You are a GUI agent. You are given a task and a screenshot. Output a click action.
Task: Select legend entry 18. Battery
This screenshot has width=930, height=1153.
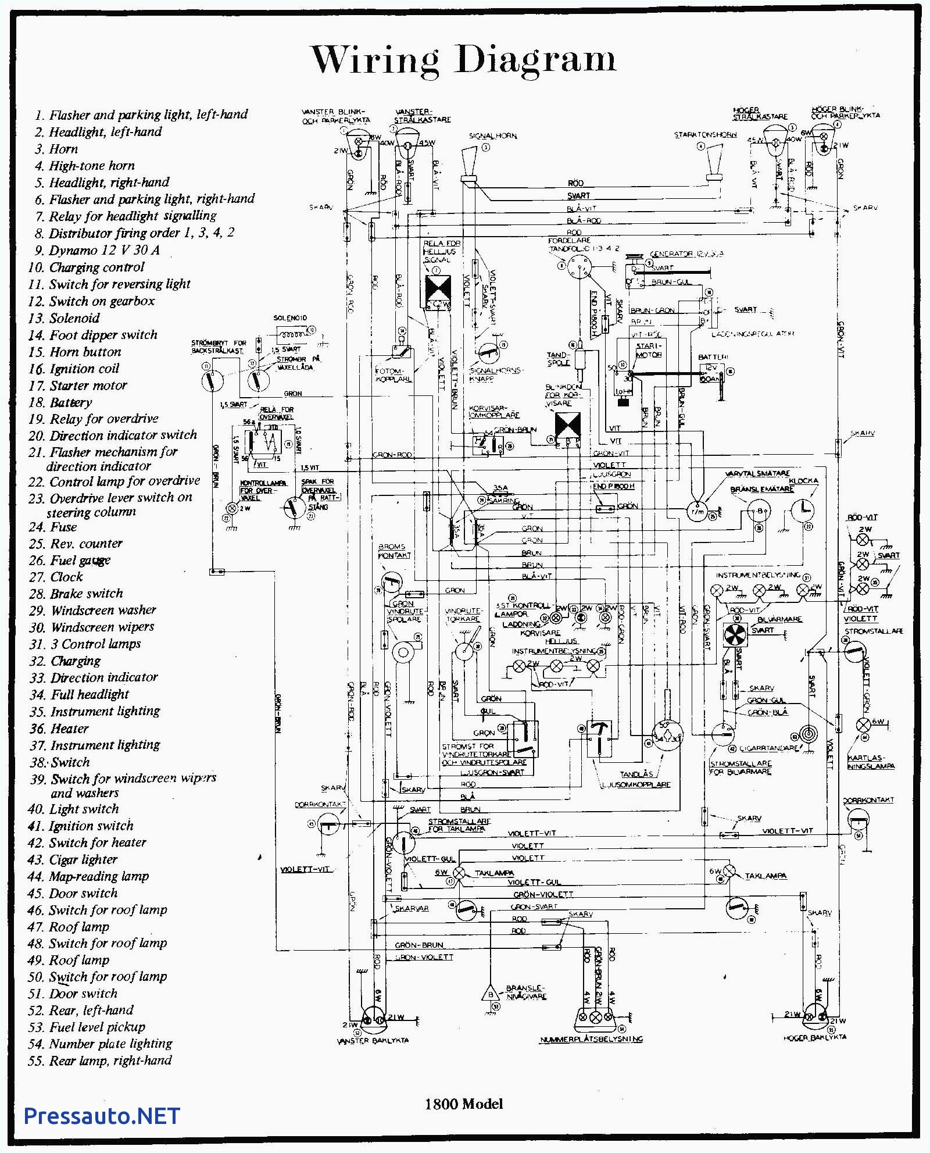[x=60, y=402]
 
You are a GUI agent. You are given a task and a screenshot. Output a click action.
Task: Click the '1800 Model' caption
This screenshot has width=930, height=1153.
[x=463, y=1104]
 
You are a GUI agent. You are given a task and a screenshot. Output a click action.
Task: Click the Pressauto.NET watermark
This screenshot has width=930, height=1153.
[x=102, y=1115]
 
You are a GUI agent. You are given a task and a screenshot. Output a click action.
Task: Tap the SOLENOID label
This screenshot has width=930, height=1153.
[x=290, y=318]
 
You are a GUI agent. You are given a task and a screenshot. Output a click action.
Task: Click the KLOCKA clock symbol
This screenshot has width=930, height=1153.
[x=803, y=510]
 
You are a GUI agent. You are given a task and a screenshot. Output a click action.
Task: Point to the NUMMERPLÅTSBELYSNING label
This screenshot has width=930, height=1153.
[x=591, y=1039]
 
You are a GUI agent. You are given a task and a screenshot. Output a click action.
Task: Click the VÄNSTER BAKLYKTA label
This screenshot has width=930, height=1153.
[x=373, y=1040]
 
